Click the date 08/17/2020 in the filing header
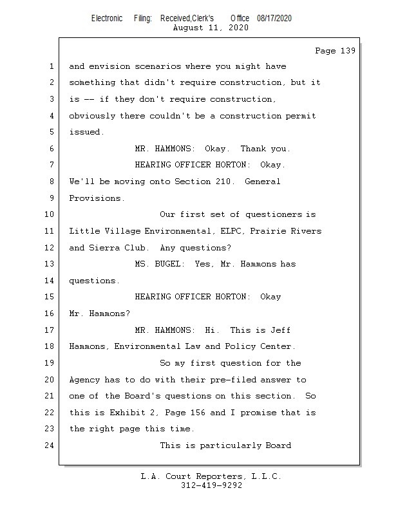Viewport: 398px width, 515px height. pyautogui.click(x=274, y=18)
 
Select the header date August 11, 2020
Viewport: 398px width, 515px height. pyautogui.click(x=211, y=28)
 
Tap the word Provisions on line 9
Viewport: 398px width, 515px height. pyautogui.click(x=97, y=198)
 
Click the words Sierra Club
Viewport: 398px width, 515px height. pyautogui.click(x=122, y=248)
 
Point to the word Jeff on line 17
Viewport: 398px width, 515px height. pyautogui.click(x=280, y=330)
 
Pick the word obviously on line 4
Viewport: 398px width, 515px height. pyautogui.click(x=91, y=116)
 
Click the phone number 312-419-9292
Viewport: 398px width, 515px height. pyautogui.click(x=211, y=485)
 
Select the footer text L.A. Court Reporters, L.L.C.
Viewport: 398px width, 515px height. pyautogui.click(x=211, y=476)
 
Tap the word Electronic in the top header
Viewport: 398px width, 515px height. pyautogui.click(x=107, y=18)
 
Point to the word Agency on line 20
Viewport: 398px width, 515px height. pyautogui.click(x=84, y=380)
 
